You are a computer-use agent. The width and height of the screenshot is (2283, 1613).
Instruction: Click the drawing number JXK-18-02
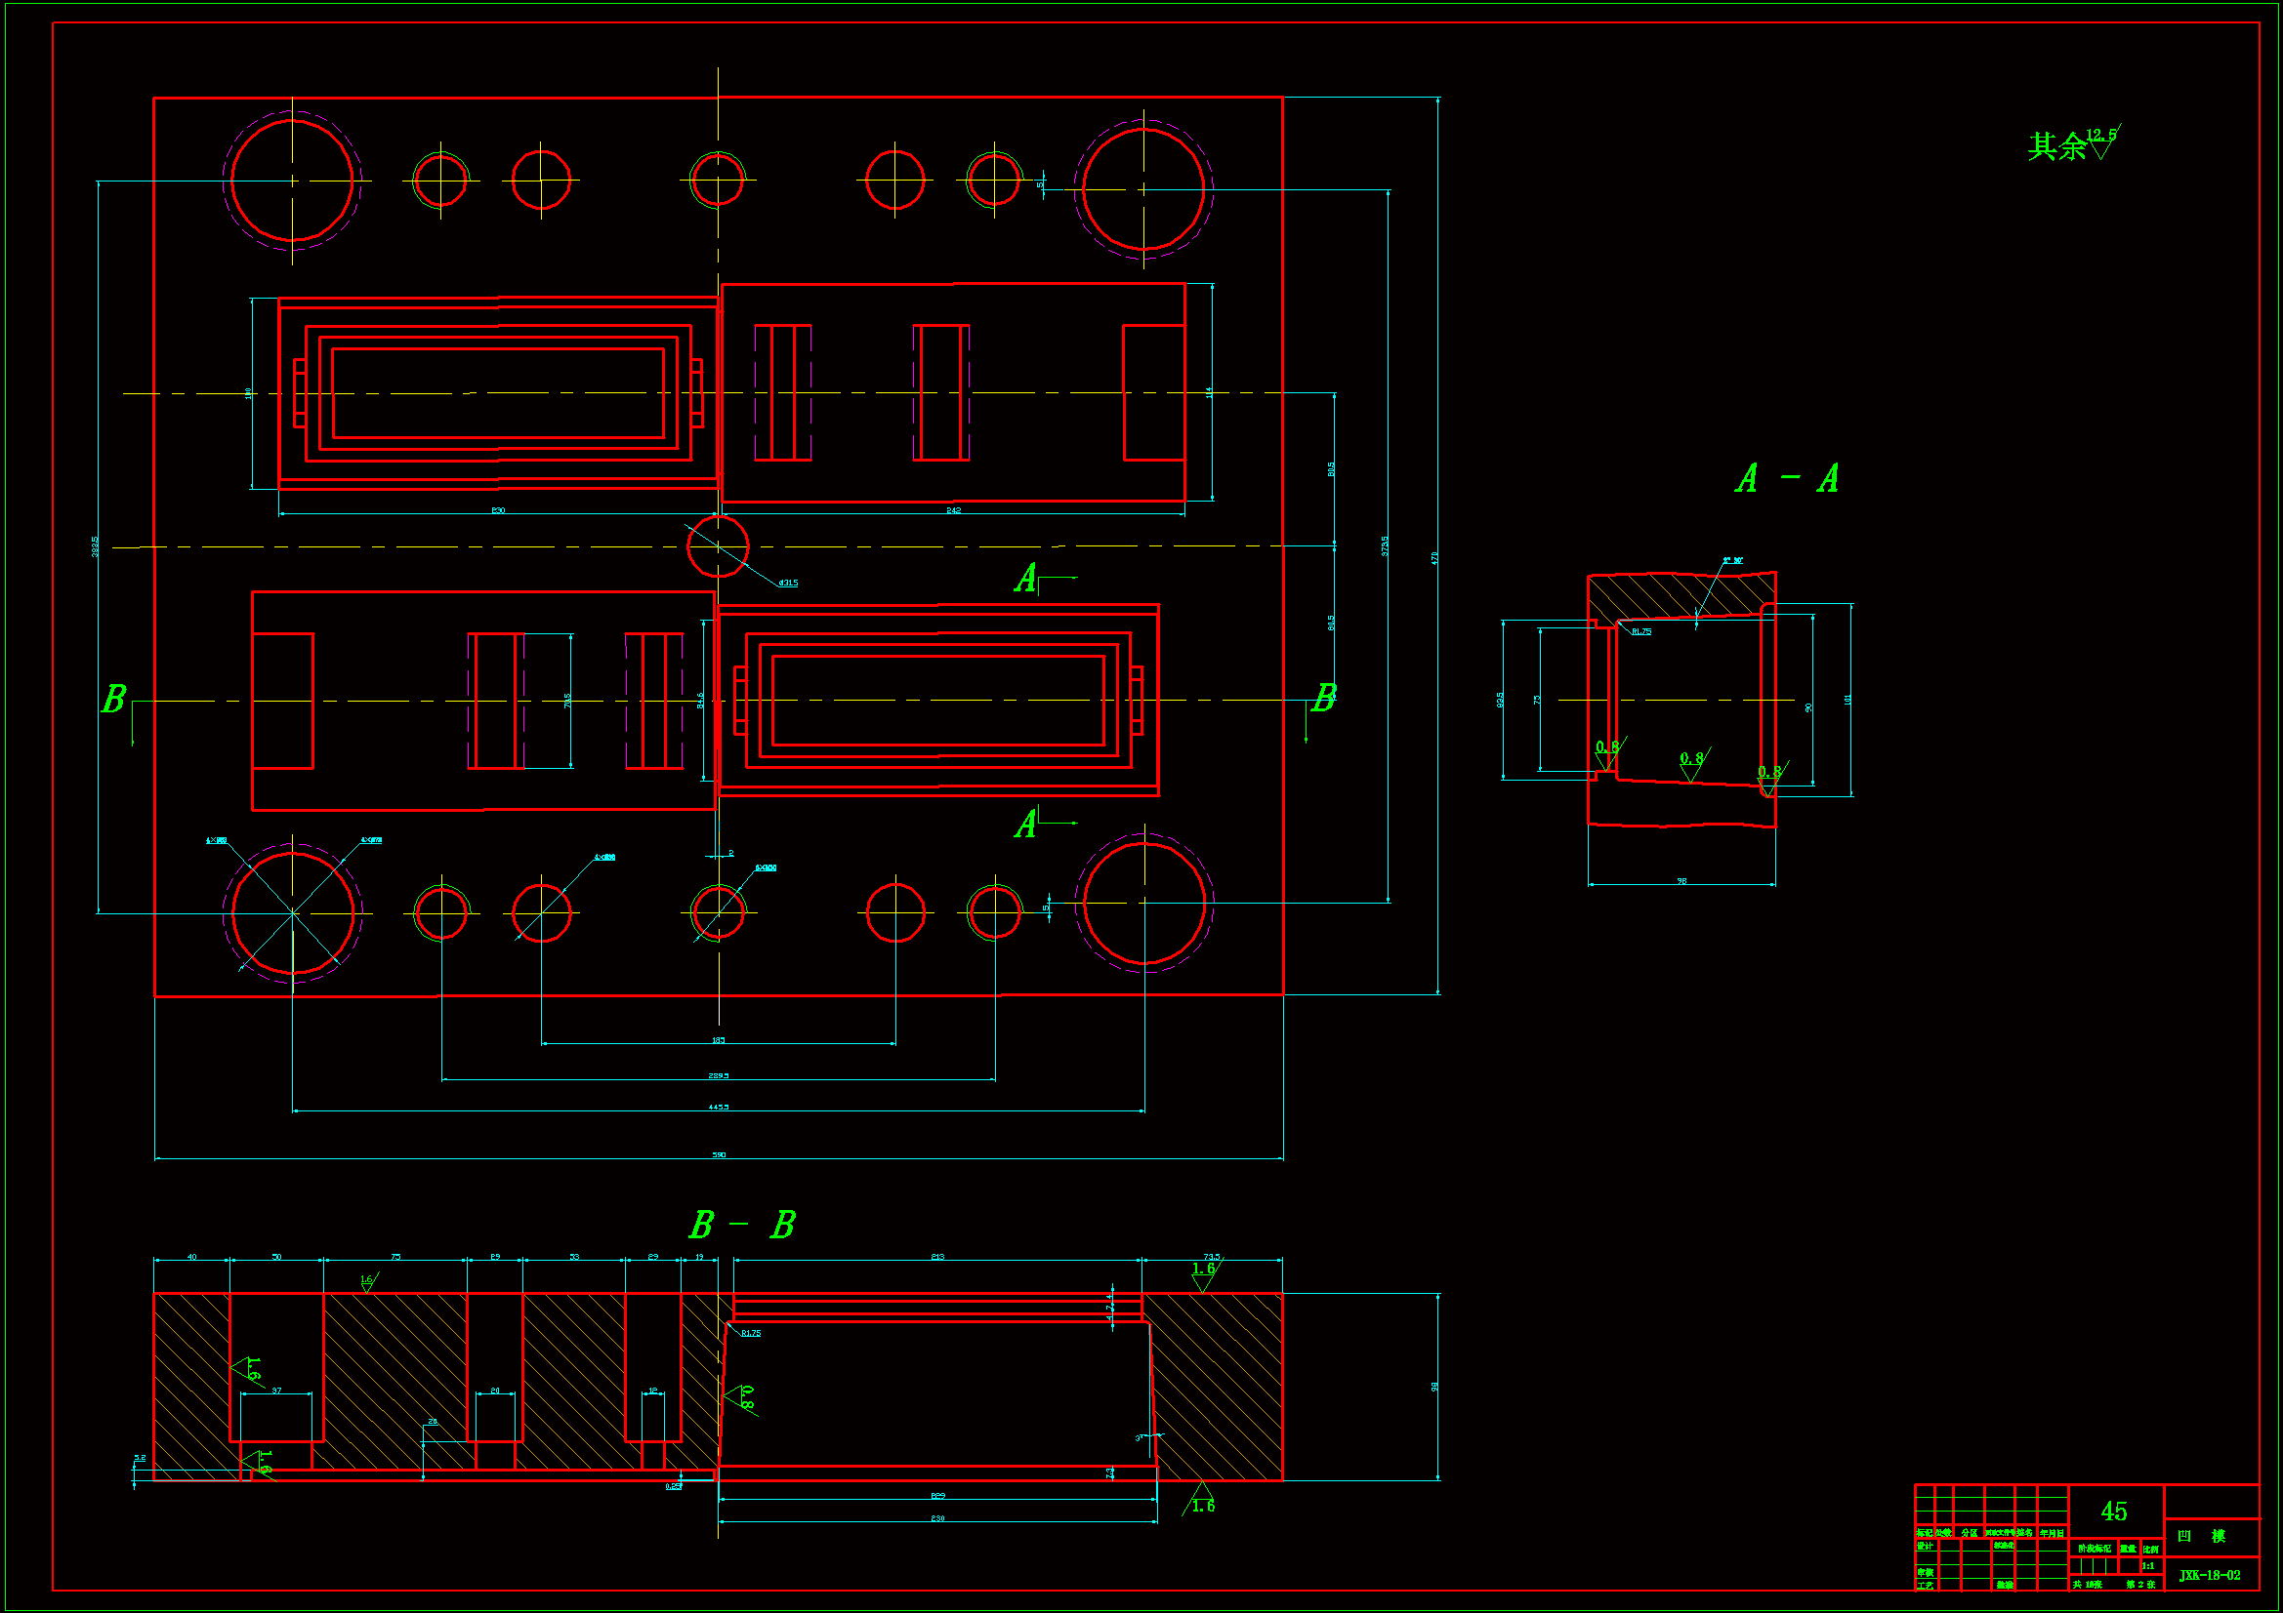point(2210,1575)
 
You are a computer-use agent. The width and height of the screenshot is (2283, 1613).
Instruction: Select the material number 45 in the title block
point(2114,1512)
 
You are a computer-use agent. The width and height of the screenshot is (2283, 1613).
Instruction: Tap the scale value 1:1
point(2148,1566)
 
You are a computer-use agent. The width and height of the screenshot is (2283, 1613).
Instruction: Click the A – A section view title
point(1787,479)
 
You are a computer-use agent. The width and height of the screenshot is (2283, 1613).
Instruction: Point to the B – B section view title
point(742,1225)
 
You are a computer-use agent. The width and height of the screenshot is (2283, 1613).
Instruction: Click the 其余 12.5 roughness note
point(2072,145)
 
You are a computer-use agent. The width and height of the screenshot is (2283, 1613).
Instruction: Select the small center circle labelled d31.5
point(718,545)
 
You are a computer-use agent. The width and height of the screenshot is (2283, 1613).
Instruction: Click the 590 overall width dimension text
point(719,1154)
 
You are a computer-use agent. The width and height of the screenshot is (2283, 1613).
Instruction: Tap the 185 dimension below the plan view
point(718,1040)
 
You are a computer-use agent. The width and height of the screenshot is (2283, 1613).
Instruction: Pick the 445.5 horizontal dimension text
point(718,1107)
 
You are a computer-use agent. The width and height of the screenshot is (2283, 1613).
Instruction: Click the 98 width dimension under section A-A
point(1681,880)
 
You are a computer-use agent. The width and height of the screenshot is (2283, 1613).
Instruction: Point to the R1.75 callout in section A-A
point(1640,631)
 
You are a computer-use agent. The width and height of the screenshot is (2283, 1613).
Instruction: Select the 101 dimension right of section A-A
point(1847,700)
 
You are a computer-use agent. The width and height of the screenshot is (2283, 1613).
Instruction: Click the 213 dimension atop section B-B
point(937,1257)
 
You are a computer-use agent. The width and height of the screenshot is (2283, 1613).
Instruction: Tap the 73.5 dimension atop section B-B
point(1211,1257)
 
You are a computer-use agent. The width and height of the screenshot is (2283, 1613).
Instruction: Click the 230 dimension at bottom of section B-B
point(937,1518)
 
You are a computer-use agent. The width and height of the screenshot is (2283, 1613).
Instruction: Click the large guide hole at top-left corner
point(292,181)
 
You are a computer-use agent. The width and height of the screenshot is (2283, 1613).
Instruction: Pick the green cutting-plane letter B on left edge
point(114,699)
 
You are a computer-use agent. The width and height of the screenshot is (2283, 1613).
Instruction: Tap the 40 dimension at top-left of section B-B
point(192,1257)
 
